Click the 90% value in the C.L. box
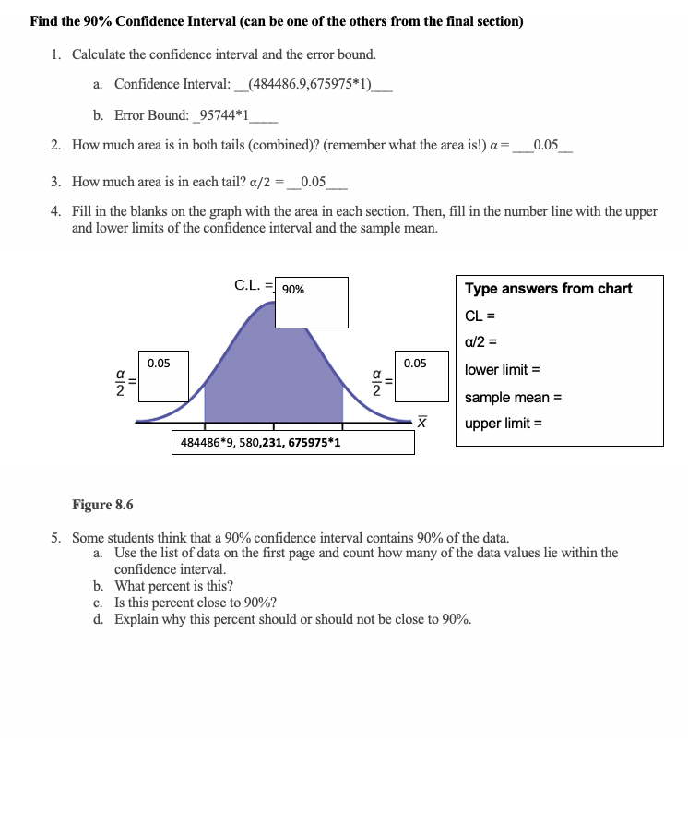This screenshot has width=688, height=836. pyautogui.click(x=293, y=290)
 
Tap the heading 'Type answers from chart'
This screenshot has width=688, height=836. pyautogui.click(x=548, y=289)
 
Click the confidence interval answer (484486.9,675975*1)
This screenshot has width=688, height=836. pyautogui.click(x=304, y=84)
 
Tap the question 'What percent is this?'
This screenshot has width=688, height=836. pyautogui.click(x=173, y=586)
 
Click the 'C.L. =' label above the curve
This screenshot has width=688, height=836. pyautogui.click(x=254, y=285)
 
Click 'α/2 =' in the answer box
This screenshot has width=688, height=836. pyautogui.click(x=482, y=343)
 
